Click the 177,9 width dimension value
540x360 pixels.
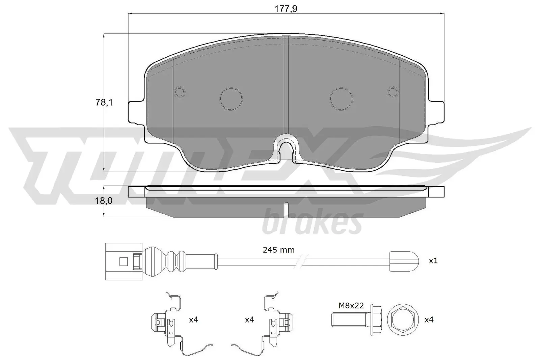286,9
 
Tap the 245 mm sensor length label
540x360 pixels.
278,250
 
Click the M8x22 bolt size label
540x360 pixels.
351,306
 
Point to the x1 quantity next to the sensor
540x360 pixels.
433,261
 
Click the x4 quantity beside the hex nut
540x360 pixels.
429,320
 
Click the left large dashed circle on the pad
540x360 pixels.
231,99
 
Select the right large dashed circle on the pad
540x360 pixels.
341,99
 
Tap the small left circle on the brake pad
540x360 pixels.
180,92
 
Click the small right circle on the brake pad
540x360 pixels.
393,92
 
